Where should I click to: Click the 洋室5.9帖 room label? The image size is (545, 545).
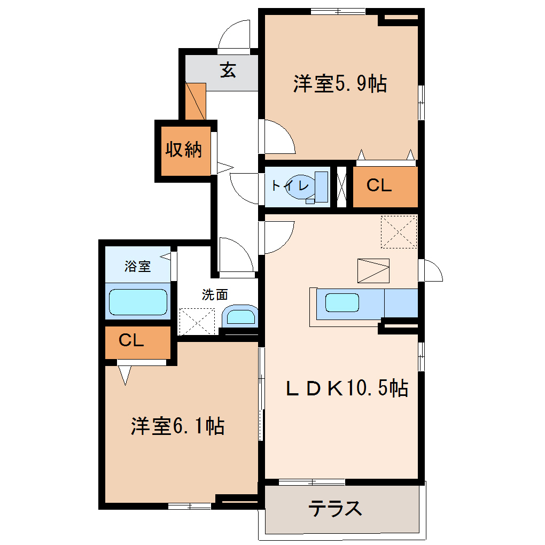pos(340,83)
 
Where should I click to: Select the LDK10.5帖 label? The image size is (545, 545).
pos(347,387)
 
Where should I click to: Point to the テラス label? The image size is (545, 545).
pos(335,509)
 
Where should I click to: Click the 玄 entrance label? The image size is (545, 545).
pos(228,70)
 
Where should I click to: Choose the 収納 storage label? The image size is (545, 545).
pos(183,150)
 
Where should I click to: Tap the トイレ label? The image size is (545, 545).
pos(290,185)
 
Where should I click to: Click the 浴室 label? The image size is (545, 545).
pos(138,266)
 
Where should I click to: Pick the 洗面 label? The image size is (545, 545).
pos(215,295)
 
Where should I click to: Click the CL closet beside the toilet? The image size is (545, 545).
pos(385,186)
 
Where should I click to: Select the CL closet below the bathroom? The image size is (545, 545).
pos(138,342)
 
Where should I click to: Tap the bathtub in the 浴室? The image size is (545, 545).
pos(138,302)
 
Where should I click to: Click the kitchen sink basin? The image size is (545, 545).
pos(342,302)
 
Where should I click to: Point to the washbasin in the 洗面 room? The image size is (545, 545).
pos(240,316)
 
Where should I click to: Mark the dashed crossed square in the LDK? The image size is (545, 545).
pos(399,232)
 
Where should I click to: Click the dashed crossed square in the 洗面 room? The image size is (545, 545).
pos(197,322)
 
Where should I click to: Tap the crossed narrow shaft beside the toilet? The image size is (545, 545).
pos(341,187)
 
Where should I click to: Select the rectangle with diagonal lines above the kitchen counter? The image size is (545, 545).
pos(373,271)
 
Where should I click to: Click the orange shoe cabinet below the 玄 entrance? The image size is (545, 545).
pos(196,101)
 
